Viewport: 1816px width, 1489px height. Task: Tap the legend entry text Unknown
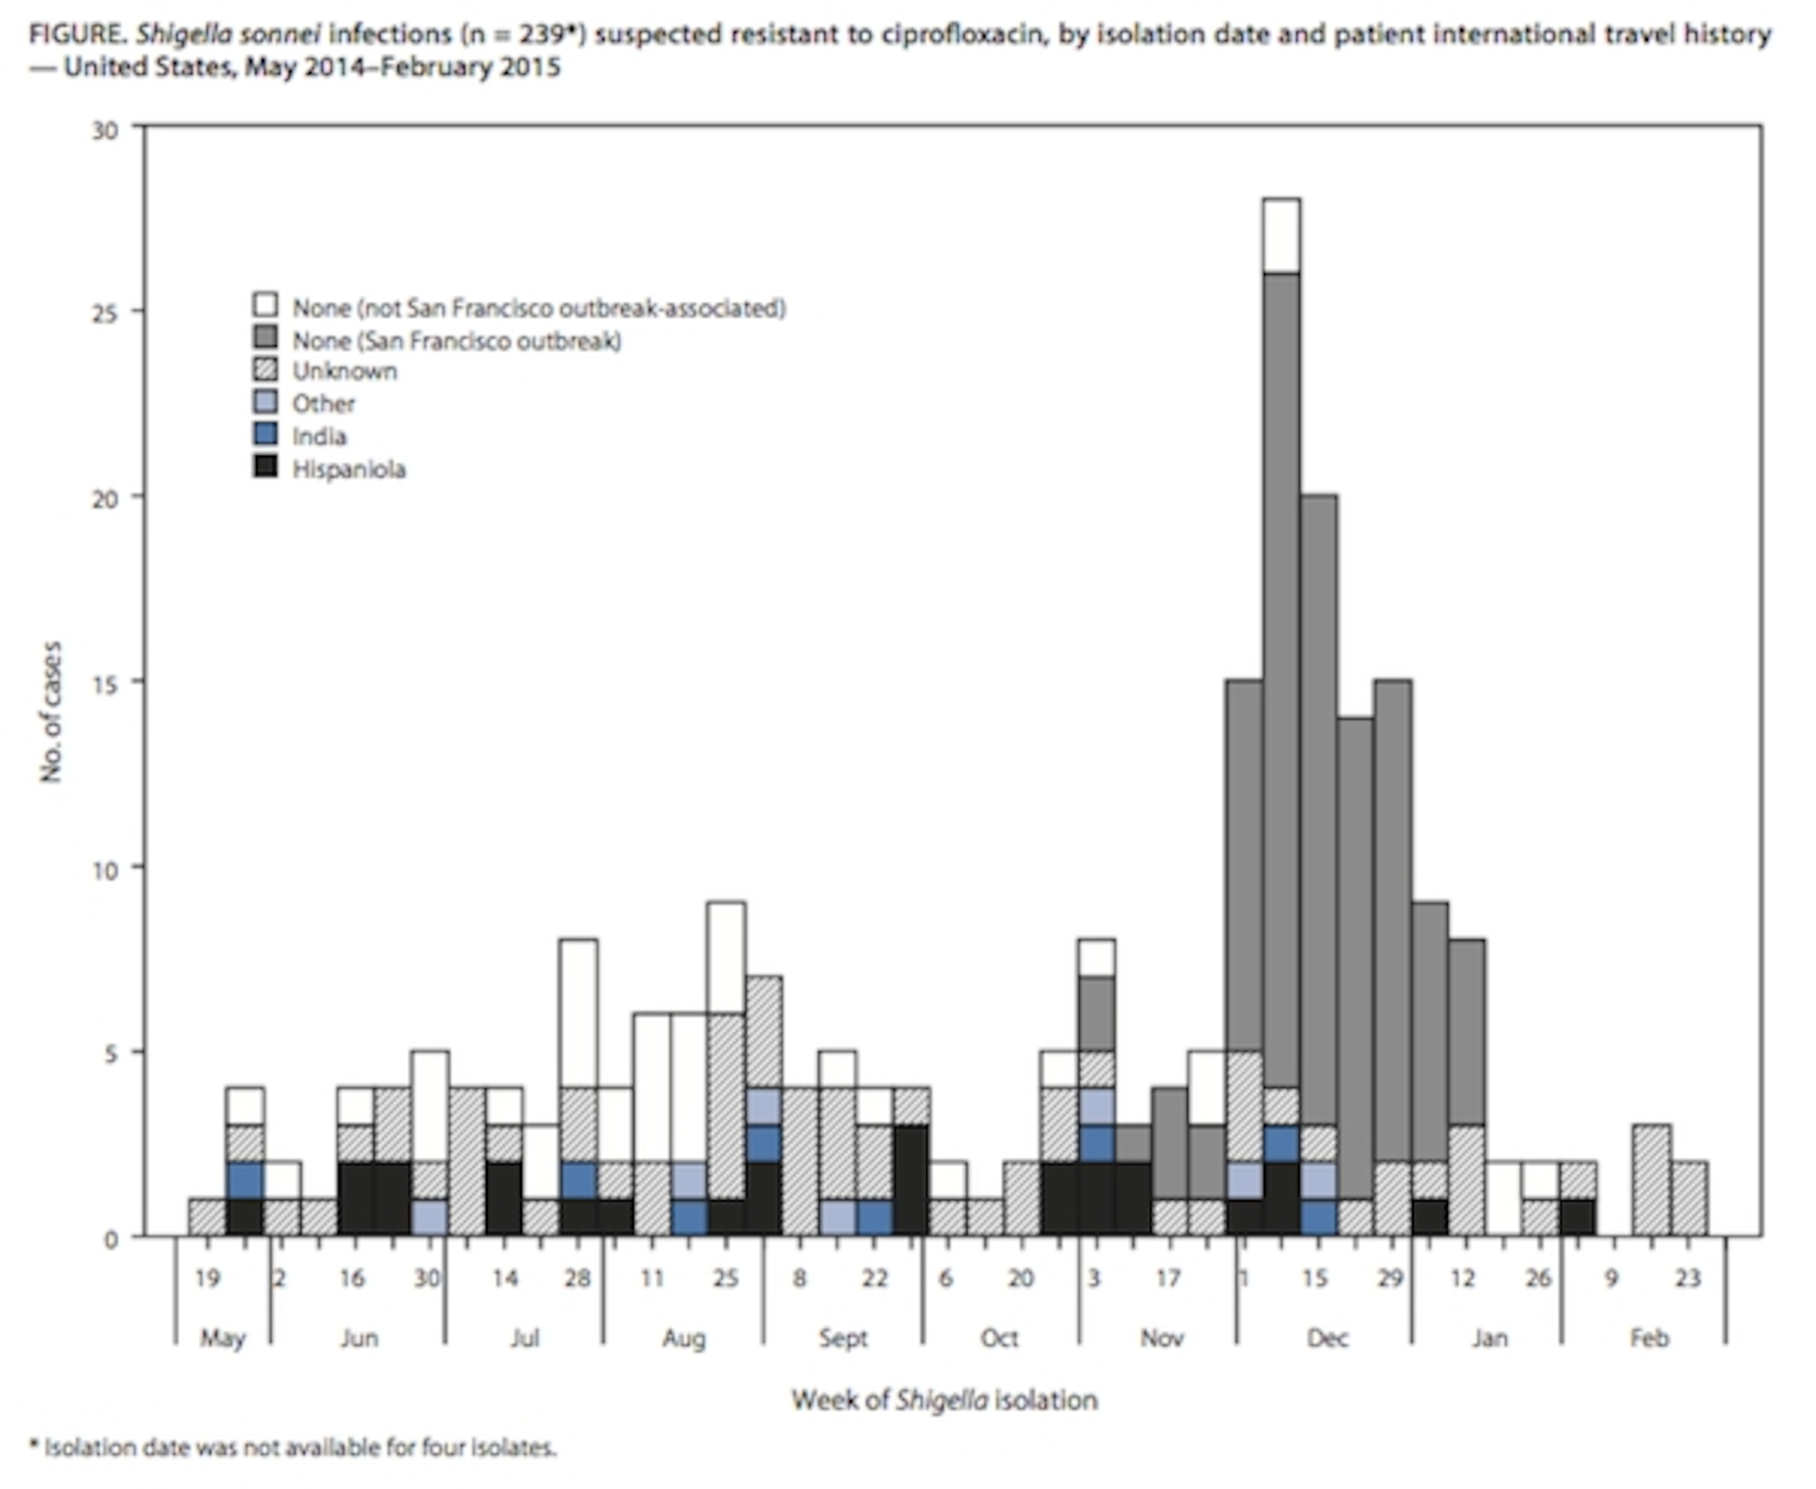pos(344,371)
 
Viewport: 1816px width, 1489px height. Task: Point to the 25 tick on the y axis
pos(105,312)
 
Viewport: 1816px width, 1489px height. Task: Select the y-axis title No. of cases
pos(51,711)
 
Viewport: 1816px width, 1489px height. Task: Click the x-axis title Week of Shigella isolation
pos(943,1400)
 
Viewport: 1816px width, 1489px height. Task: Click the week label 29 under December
pos(1390,1279)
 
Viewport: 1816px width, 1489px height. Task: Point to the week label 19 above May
pos(207,1279)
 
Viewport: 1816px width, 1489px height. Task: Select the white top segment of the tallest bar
pos(1281,236)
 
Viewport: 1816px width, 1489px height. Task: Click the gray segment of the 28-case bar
pos(1281,677)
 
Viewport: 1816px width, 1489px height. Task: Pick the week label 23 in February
pos(1687,1279)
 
